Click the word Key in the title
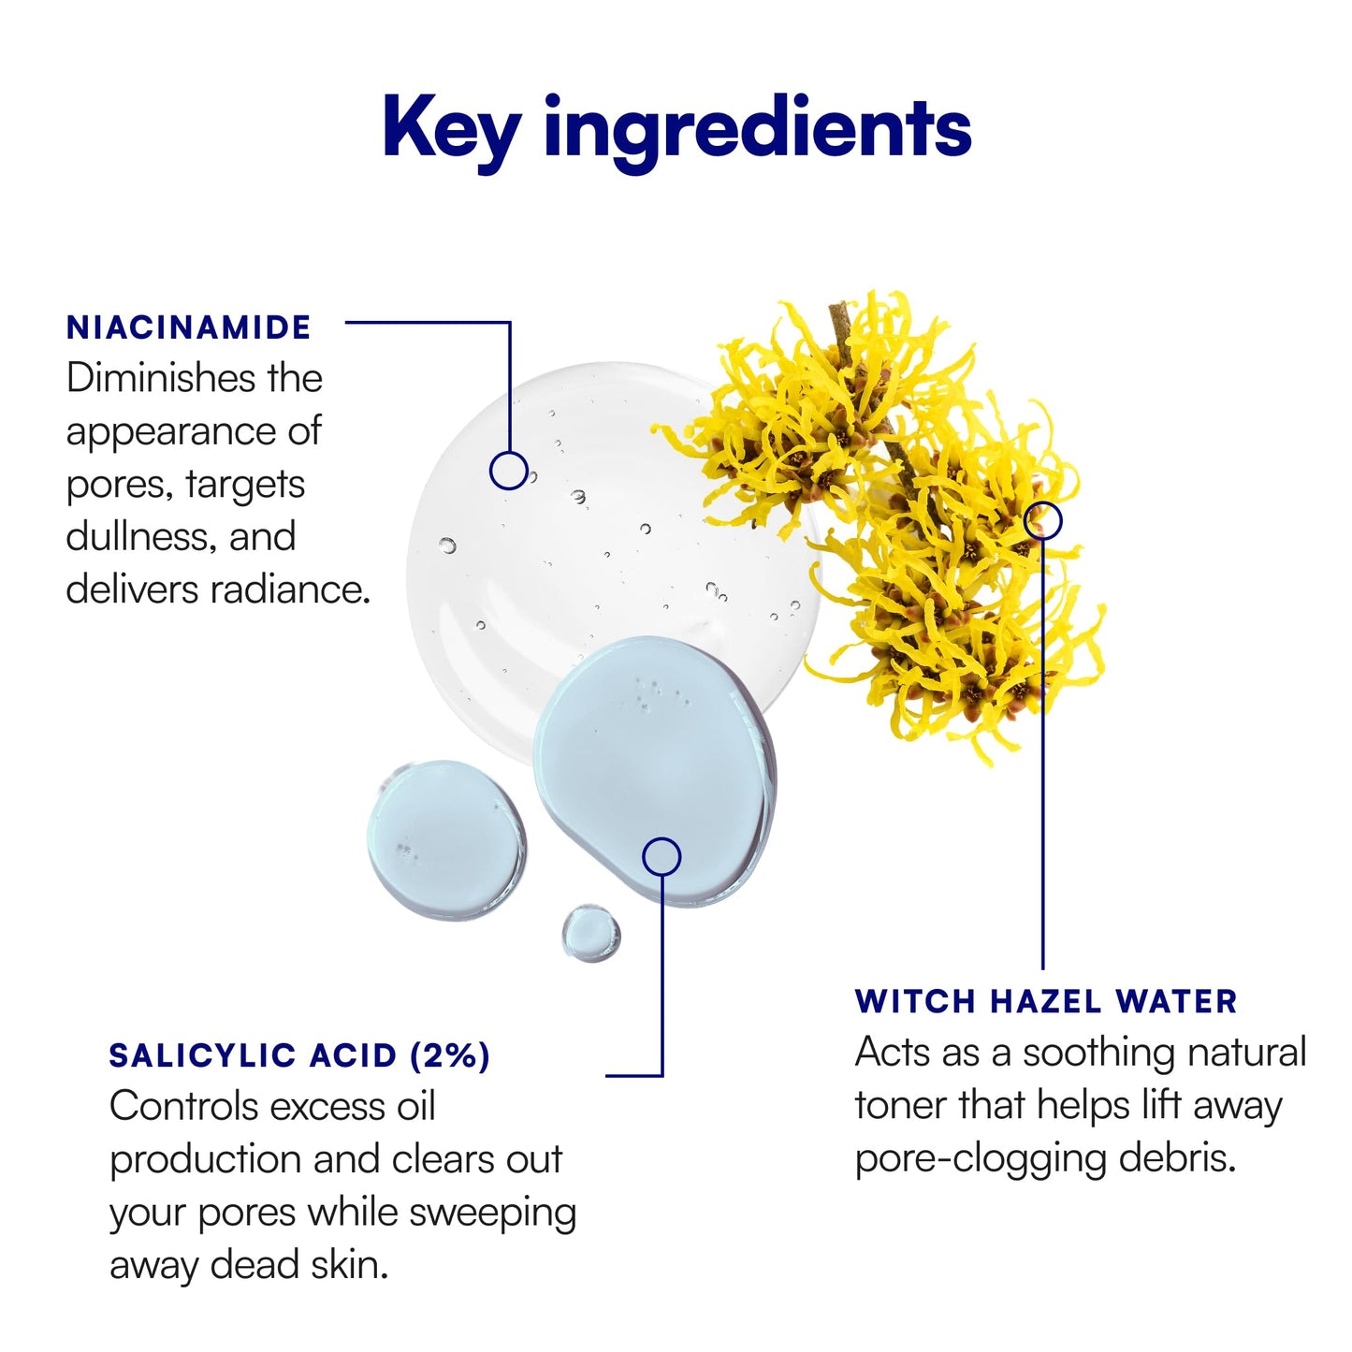(452, 131)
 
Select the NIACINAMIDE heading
(188, 327)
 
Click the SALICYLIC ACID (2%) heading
(299, 1056)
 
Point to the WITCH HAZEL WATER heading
(1046, 1001)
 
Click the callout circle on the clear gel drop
(509, 470)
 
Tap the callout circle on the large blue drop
(661, 857)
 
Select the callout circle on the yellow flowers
(1042, 520)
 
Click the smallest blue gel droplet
(590, 934)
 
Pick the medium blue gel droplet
(446, 840)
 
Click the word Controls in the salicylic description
(183, 1107)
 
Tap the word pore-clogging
(980, 1161)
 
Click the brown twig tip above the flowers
(837, 307)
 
